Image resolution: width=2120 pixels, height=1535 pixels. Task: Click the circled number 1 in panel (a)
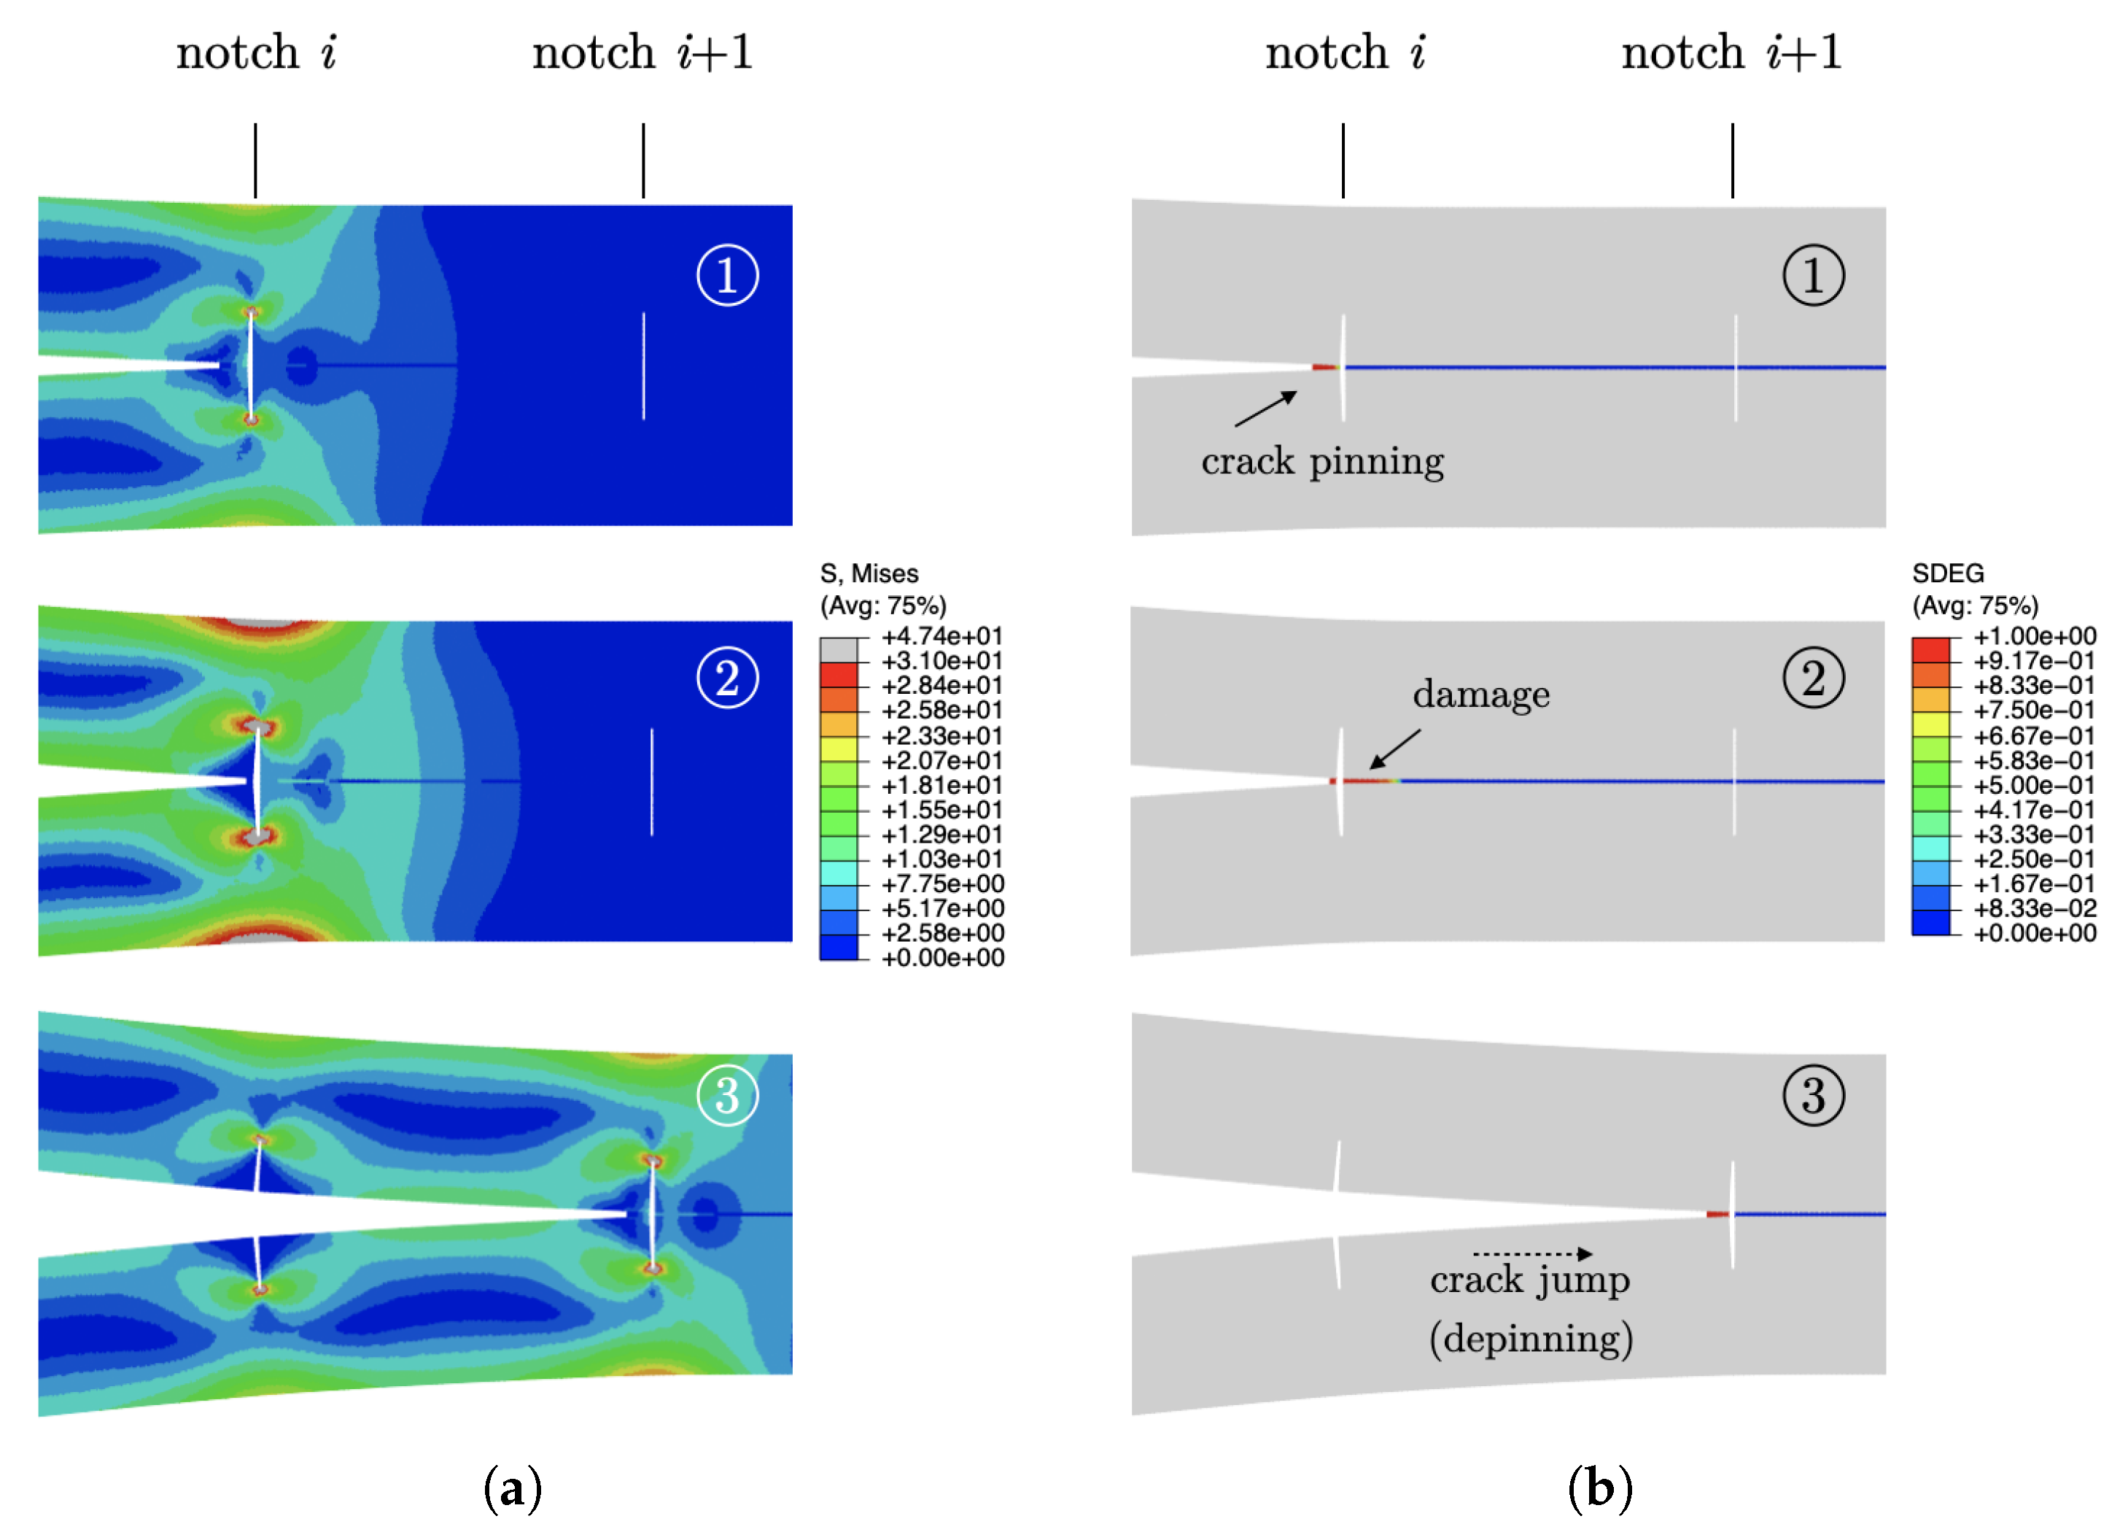pos(726,275)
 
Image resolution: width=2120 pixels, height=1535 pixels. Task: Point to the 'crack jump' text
pos(1529,1280)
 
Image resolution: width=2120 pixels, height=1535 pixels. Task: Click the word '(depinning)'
pos(1530,1339)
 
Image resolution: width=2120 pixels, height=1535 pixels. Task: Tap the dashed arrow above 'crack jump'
pos(1532,1253)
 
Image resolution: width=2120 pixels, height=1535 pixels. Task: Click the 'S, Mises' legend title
pos(869,573)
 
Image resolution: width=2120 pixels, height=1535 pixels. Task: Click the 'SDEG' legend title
pos(1947,573)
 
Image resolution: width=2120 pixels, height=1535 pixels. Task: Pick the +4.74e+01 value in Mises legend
pos(941,637)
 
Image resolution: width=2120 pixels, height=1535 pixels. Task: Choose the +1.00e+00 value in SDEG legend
pos(2034,637)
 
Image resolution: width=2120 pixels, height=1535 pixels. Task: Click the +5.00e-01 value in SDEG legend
pos(2034,785)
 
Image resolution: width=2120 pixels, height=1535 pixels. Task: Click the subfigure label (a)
pos(512,1488)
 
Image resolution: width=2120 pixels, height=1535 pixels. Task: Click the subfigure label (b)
pos(1599,1488)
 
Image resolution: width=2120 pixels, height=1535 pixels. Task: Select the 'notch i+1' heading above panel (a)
pos(642,53)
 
